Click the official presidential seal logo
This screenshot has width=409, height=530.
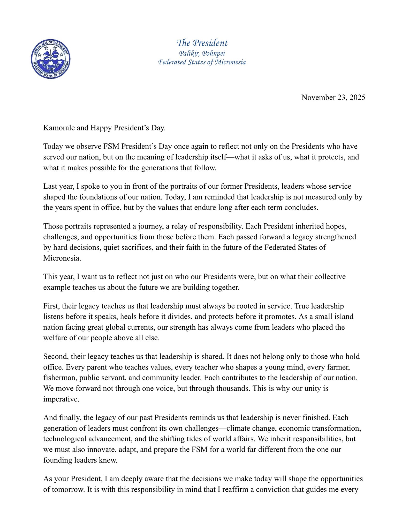(51, 59)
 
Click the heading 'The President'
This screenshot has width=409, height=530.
(202, 43)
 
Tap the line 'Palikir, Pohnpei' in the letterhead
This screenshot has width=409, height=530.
(202, 53)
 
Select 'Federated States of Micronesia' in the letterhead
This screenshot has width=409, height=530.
(202, 62)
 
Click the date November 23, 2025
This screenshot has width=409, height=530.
(333, 98)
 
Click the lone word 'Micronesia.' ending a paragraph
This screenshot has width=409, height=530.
(62, 258)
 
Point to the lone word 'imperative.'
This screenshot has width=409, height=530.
(61, 399)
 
